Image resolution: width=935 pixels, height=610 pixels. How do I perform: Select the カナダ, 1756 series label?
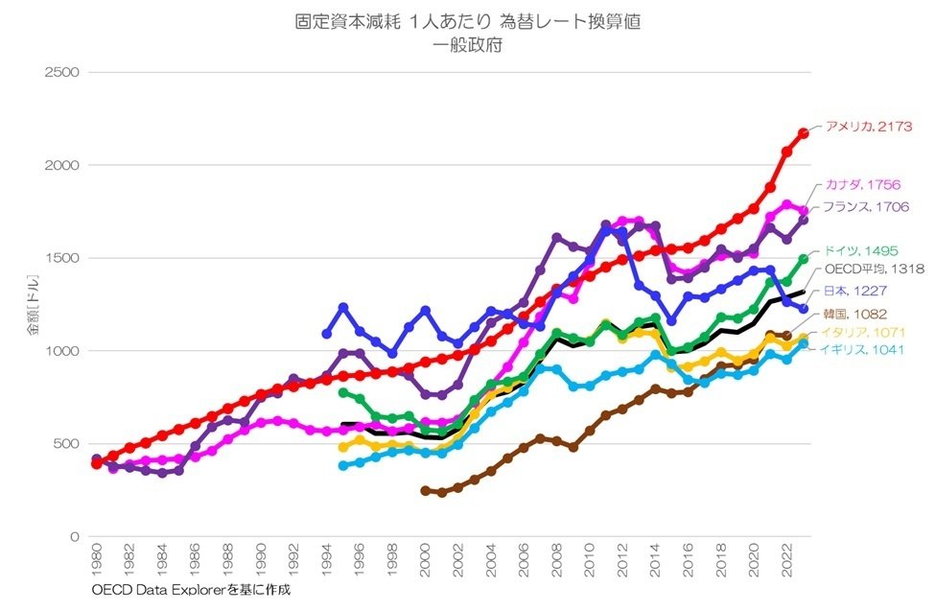[x=862, y=186]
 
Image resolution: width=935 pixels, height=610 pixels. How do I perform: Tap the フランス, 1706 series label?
[x=866, y=206]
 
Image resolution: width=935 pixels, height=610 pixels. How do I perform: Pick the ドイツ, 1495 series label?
[x=861, y=250]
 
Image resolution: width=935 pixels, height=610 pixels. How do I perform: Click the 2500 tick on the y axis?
[x=62, y=72]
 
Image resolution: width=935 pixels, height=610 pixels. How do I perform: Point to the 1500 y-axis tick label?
[x=62, y=258]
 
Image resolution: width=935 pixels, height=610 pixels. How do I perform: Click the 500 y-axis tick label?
[x=66, y=444]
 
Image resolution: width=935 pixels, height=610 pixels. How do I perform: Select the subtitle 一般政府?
[x=467, y=45]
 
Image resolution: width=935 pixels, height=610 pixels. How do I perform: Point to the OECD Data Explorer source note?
[x=191, y=590]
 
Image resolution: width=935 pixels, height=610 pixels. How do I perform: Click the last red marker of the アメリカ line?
[x=804, y=132]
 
